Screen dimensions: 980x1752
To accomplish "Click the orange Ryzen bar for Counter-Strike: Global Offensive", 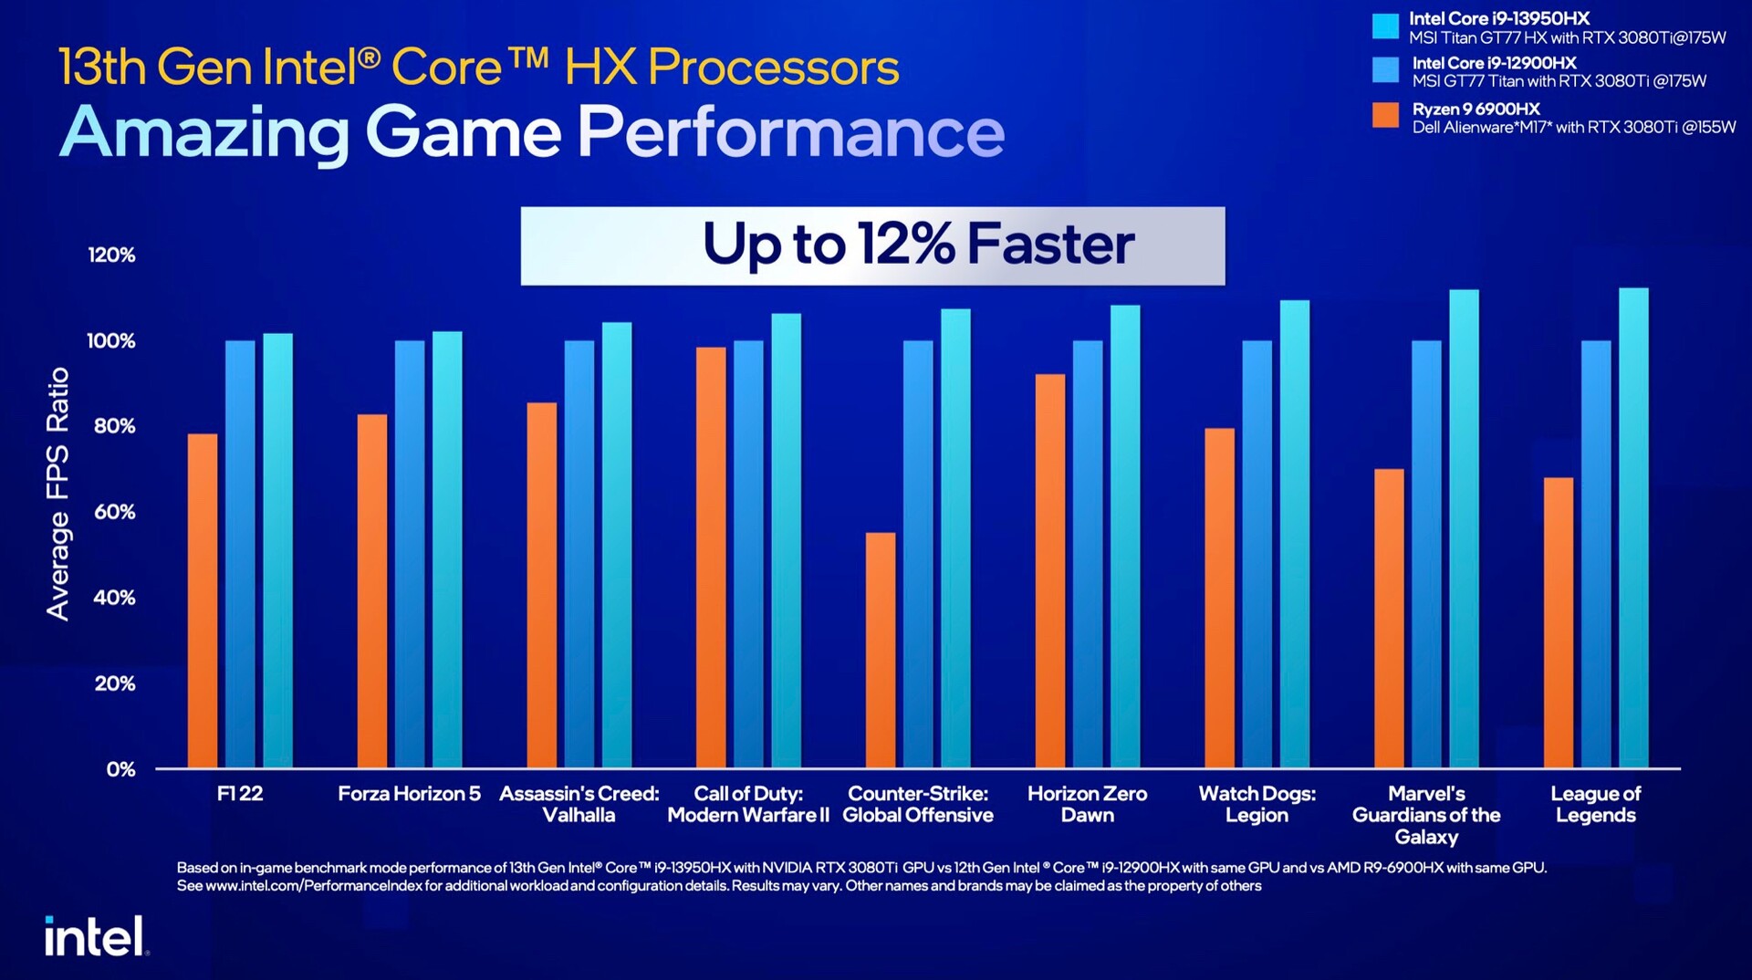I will tap(881, 650).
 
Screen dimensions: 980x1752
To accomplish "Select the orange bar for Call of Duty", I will tap(711, 557).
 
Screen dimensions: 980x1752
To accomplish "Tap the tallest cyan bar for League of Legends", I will tap(1633, 527).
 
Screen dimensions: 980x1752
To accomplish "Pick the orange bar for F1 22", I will tap(203, 600).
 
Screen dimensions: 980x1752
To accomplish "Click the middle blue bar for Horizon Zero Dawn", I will tap(1088, 553).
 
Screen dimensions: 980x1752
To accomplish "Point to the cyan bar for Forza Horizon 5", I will tap(447, 549).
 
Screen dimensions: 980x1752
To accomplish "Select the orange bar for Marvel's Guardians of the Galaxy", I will tap(1389, 618).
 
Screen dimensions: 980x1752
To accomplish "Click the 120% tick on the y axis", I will tap(111, 255).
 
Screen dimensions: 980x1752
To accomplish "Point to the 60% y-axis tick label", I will tap(114, 512).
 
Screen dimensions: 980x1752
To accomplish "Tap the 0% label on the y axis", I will tap(120, 769).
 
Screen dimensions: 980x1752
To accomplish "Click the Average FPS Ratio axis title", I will tap(57, 494).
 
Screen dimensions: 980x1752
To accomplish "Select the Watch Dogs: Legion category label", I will tap(1257, 804).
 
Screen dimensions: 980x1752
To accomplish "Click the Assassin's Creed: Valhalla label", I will tap(579, 804).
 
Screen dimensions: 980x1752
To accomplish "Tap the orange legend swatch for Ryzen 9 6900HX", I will tap(1385, 116).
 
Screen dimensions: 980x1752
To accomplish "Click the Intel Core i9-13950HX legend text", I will tap(1498, 18).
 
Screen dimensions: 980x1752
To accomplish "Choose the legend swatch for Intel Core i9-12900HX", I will tap(1385, 70).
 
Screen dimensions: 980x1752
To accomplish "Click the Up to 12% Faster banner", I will tap(872, 245).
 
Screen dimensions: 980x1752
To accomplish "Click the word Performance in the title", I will tap(790, 132).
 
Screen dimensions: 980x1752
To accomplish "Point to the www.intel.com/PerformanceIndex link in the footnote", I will tap(313, 886).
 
